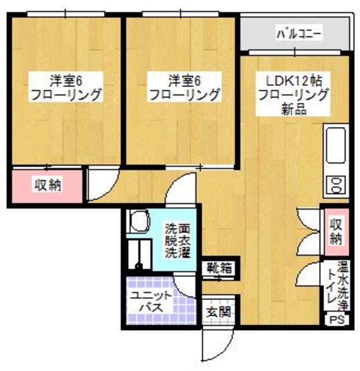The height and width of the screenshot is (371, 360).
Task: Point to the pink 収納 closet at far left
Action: click(48, 185)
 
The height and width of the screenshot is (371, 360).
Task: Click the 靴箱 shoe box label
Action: click(219, 268)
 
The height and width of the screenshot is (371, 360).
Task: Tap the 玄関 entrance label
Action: click(219, 311)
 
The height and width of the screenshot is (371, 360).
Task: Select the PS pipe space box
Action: click(336, 319)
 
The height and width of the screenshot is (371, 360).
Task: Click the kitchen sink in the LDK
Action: click(336, 145)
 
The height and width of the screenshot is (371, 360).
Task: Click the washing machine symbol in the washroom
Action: click(139, 221)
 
